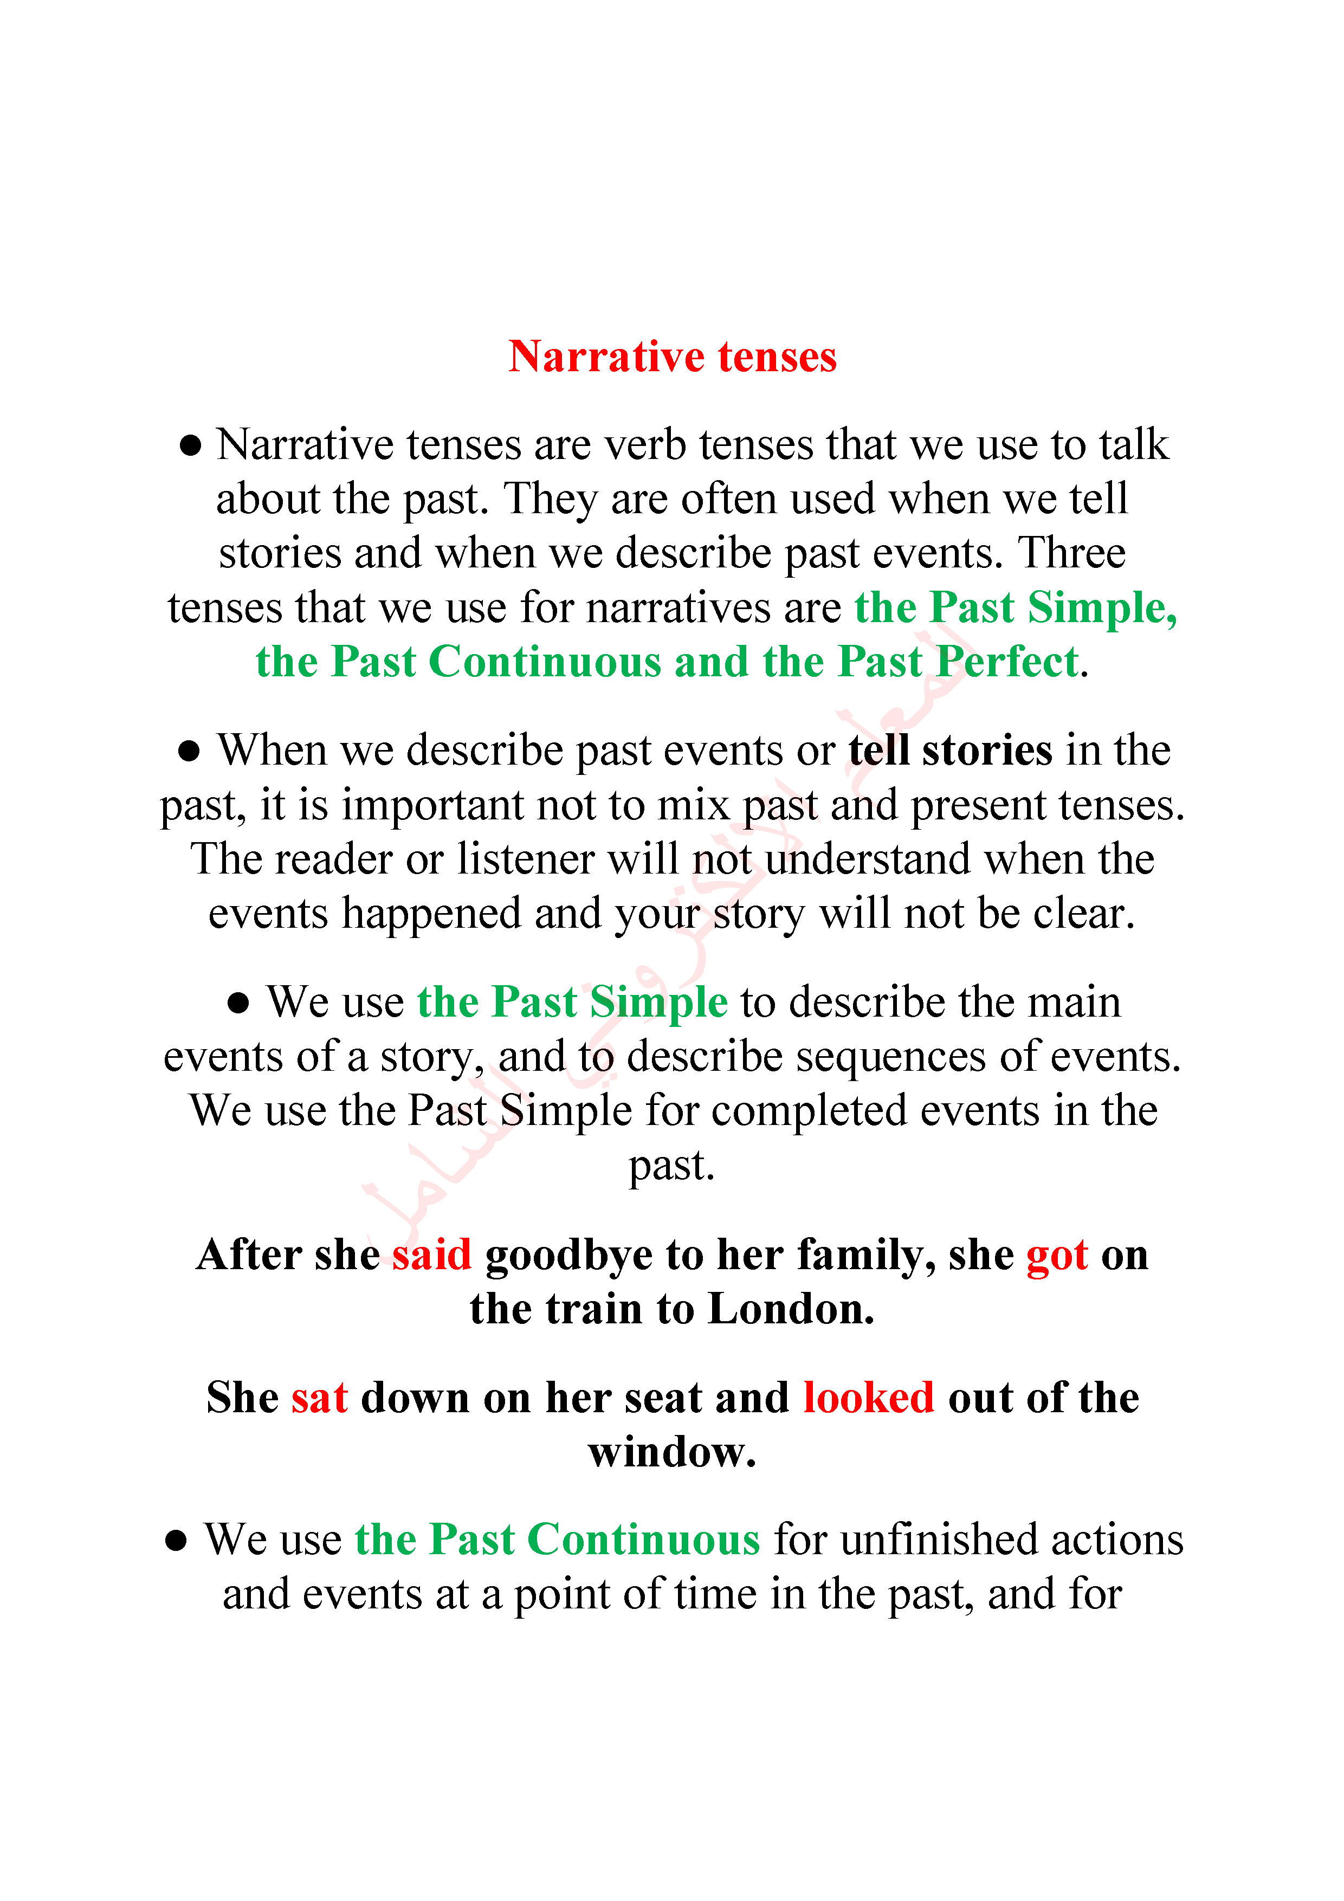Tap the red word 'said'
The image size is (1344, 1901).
(x=431, y=1255)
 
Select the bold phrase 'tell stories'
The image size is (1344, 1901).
(x=950, y=750)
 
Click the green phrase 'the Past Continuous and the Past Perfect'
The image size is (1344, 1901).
(x=667, y=662)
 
